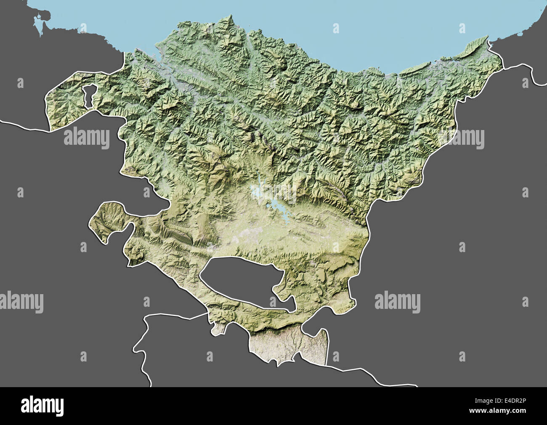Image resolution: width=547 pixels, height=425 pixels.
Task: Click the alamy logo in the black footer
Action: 42,406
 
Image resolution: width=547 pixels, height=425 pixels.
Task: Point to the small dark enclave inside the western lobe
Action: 89,96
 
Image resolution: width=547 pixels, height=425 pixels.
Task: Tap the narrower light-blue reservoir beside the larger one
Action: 257,190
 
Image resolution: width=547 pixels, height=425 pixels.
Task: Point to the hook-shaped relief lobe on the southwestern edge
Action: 107,219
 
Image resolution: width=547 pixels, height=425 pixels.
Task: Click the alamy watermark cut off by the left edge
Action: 21,302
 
